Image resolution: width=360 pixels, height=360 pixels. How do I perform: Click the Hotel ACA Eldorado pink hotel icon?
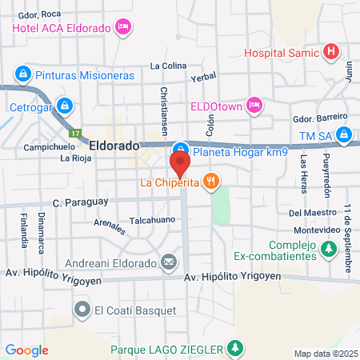pos(122,28)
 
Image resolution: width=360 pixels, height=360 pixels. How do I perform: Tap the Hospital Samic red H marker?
pos(332,54)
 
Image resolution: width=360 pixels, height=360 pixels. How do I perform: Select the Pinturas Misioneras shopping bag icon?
pos(23,74)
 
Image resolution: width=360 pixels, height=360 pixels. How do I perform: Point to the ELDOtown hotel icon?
pos(254,105)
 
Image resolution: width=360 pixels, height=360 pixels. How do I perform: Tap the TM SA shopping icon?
pos(344,134)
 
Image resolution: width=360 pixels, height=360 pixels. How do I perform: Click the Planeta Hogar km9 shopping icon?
pos(181,149)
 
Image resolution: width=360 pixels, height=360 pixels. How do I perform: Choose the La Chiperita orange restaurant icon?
pos(210,182)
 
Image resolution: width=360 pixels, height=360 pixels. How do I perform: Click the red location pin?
pos(180,165)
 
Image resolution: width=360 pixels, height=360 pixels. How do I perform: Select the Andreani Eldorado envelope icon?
pos(169,261)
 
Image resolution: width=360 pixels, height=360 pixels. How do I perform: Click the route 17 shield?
pos(74,133)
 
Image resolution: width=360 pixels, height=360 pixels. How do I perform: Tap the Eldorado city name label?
pos(114,146)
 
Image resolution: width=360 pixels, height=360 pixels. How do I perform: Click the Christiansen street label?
pos(163,110)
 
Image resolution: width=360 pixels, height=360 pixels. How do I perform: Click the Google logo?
pos(26,350)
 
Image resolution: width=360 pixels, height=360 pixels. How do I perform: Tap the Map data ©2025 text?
pos(325,354)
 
